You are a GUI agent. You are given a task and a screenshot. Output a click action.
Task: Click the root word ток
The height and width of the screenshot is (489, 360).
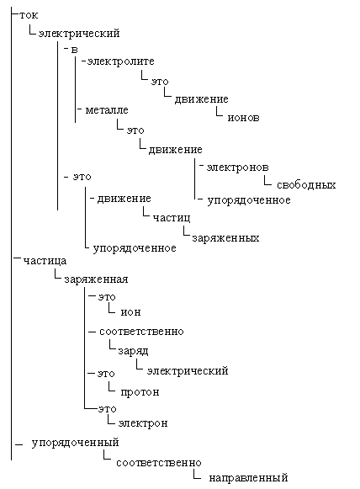[x=29, y=15]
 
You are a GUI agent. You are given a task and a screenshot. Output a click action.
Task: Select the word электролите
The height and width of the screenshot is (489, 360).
[x=120, y=61]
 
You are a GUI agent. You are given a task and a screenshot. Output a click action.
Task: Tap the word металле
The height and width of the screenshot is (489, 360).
[x=107, y=110]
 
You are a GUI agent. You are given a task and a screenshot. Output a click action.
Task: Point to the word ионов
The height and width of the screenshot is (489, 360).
[x=243, y=118]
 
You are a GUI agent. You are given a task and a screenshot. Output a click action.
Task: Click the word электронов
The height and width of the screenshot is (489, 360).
[x=237, y=167]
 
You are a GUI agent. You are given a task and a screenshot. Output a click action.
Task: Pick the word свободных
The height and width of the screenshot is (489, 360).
[x=306, y=185]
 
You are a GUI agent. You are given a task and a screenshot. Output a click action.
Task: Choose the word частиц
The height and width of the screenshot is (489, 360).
[x=172, y=218]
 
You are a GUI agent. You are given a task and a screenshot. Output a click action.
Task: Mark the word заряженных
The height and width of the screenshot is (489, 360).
[x=225, y=238]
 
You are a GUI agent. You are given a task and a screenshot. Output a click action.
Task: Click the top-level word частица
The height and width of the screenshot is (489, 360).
[x=45, y=261]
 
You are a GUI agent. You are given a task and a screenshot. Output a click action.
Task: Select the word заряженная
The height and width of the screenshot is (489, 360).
[x=96, y=279]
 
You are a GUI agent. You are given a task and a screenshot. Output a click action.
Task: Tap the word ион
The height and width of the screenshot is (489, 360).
[x=130, y=312]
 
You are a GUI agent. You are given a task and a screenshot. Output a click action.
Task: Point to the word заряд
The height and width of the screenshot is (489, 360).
[x=133, y=352]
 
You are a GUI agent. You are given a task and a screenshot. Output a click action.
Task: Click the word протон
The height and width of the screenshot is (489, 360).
[x=140, y=392]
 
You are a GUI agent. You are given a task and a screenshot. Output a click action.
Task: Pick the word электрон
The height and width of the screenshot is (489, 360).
[x=143, y=423]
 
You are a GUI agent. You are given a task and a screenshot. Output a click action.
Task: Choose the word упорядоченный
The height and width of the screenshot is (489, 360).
[x=75, y=443]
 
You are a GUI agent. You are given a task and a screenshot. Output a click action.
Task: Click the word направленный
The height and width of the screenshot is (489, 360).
[x=248, y=478]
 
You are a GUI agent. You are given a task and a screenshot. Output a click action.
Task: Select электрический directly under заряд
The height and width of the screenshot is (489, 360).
[x=188, y=371]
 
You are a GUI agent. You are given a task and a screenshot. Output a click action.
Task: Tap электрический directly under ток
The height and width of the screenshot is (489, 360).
[x=79, y=34]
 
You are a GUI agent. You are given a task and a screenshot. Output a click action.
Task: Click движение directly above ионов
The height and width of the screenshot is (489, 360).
[x=201, y=99]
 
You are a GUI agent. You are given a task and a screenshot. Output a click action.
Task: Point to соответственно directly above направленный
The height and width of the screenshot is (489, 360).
[x=159, y=463]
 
